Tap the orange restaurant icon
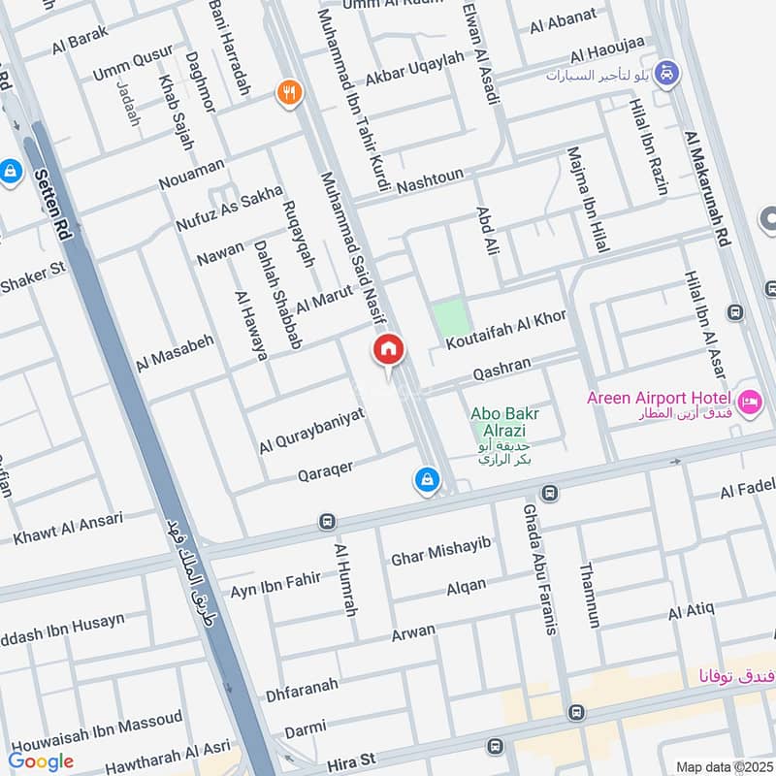[x=287, y=94]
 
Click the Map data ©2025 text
[x=724, y=766]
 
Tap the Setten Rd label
[x=53, y=203]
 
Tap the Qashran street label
[x=501, y=366]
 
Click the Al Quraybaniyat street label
[x=311, y=430]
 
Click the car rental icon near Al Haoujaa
[x=666, y=72]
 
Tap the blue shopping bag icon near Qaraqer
[x=426, y=479]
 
